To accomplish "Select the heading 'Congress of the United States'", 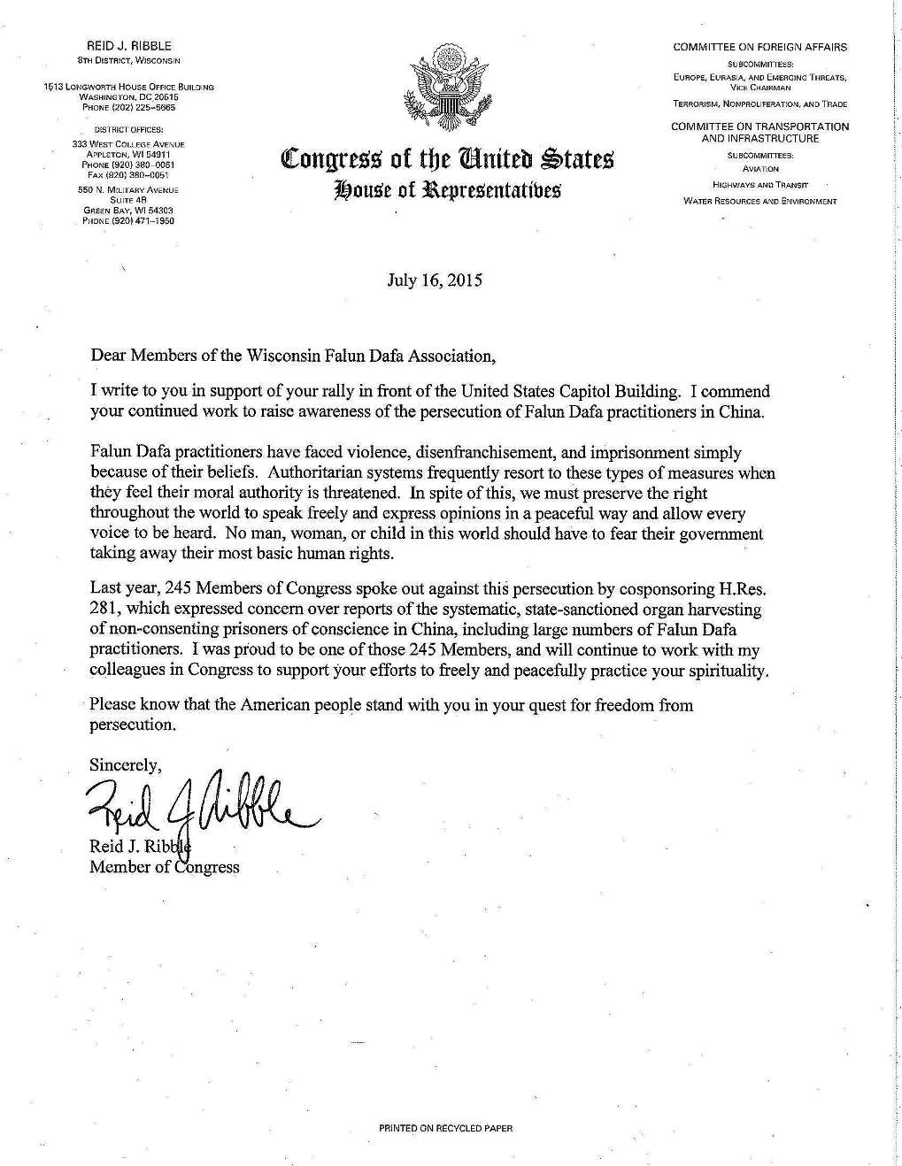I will [x=445, y=161].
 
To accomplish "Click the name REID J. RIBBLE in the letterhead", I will [x=128, y=45].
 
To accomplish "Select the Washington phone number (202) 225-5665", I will [x=128, y=108].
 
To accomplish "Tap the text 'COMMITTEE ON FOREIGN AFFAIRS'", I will [x=759, y=47].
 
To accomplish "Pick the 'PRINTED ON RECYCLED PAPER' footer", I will [x=445, y=1128].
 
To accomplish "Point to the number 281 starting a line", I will [x=103, y=609].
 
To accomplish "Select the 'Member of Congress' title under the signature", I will [x=164, y=867].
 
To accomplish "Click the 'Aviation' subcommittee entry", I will [x=760, y=169].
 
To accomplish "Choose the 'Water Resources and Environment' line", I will [x=760, y=202].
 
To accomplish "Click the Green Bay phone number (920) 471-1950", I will [x=128, y=221].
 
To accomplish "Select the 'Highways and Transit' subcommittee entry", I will [x=760, y=185].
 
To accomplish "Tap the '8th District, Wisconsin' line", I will [x=128, y=59].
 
